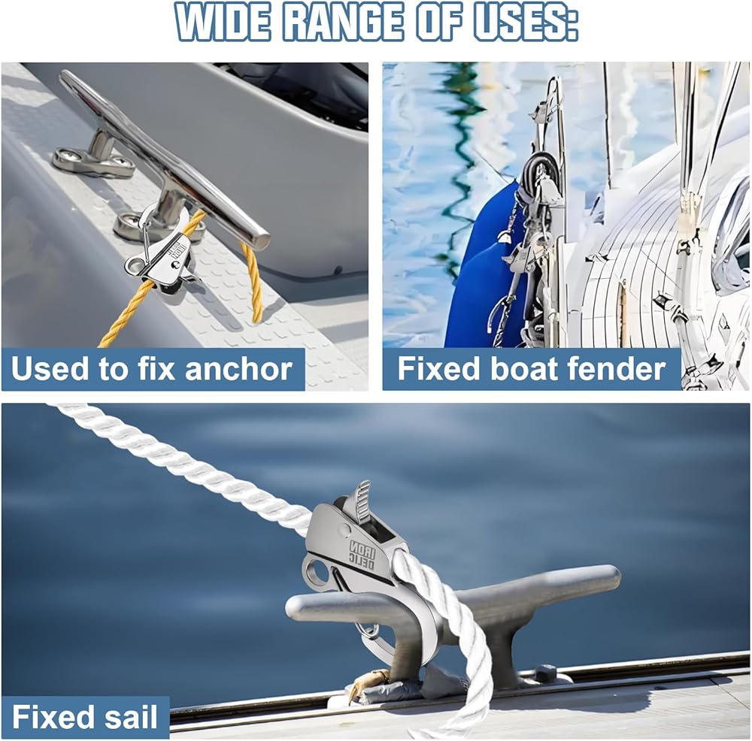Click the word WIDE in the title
click(x=224, y=22)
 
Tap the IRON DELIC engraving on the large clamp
click(x=363, y=555)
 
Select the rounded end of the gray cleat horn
click(x=608, y=575)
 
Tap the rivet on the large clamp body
click(x=344, y=529)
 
